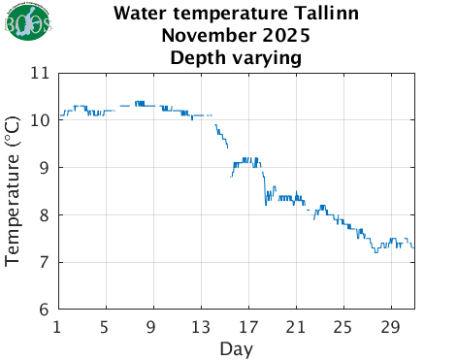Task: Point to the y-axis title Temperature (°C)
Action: pos(14,191)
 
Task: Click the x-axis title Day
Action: pos(237,347)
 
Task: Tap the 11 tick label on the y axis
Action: pos(41,73)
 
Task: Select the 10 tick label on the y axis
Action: pos(41,120)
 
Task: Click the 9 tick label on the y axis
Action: pos(45,168)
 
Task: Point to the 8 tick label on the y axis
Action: pos(45,215)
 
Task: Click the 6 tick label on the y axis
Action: pos(45,310)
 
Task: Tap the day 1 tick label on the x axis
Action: pos(58,326)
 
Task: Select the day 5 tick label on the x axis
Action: pos(106,326)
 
